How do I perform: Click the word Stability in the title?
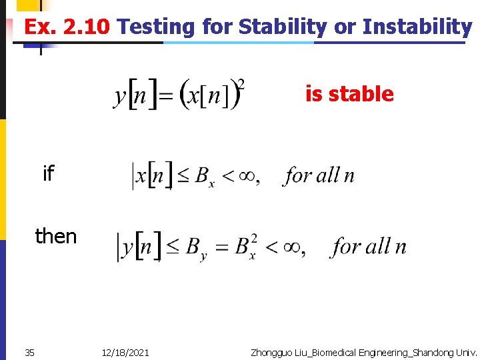pyautogui.click(x=282, y=27)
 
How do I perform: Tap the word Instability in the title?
pyautogui.click(x=417, y=27)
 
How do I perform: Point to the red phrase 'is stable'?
pyautogui.click(x=349, y=94)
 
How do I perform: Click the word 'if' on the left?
pyautogui.click(x=48, y=174)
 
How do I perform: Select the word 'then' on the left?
pyautogui.click(x=56, y=236)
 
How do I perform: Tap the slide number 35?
pyautogui.click(x=29, y=352)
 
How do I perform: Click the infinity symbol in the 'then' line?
pyautogui.click(x=291, y=247)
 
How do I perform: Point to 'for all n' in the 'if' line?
pyautogui.click(x=319, y=176)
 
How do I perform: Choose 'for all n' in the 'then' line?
pyautogui.click(x=369, y=247)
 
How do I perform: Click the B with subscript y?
pyautogui.click(x=196, y=249)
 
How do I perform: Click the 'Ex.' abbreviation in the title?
pyautogui.click(x=38, y=27)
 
